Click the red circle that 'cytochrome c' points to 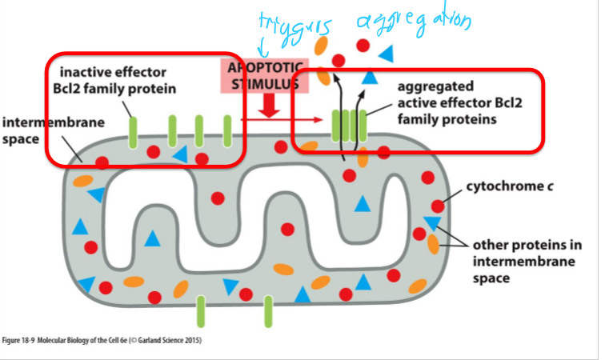[437, 206]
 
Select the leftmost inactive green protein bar [134, 128]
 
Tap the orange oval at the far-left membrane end [82, 182]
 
